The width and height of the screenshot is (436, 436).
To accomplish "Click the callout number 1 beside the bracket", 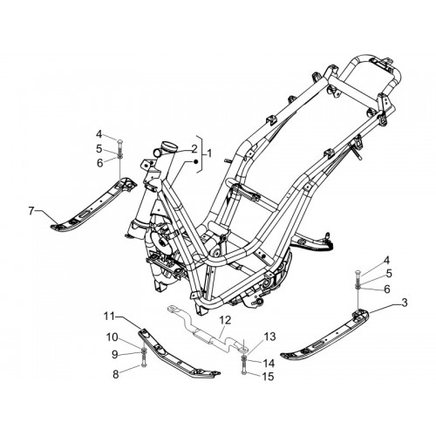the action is coord(209,153).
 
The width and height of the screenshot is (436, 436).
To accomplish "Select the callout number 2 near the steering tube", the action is coord(194,149).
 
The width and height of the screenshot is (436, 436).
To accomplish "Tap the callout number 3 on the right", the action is coord(404,303).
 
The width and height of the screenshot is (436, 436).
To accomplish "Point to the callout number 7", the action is coord(31,210).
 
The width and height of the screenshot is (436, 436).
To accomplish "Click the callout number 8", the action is coord(116,374).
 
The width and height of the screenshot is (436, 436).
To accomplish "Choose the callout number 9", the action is coord(115,354).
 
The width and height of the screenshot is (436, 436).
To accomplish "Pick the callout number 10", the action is coord(112,337).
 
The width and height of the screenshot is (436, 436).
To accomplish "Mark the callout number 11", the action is coord(110,316).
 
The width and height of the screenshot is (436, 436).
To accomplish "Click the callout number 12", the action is coord(225,320).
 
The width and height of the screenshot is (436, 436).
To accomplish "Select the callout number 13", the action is coord(269,337).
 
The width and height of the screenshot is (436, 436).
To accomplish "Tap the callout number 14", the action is coord(269,363).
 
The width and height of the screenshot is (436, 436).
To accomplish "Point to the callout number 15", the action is coord(268,377).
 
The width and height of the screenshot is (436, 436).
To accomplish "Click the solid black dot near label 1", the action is coord(196,161).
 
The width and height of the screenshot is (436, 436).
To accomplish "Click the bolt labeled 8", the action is coord(143,363).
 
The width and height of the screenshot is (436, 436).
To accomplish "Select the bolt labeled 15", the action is coord(243,369).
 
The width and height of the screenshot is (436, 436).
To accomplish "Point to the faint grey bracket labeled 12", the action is coord(208,330).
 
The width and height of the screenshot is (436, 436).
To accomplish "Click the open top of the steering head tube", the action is coord(169,146).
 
